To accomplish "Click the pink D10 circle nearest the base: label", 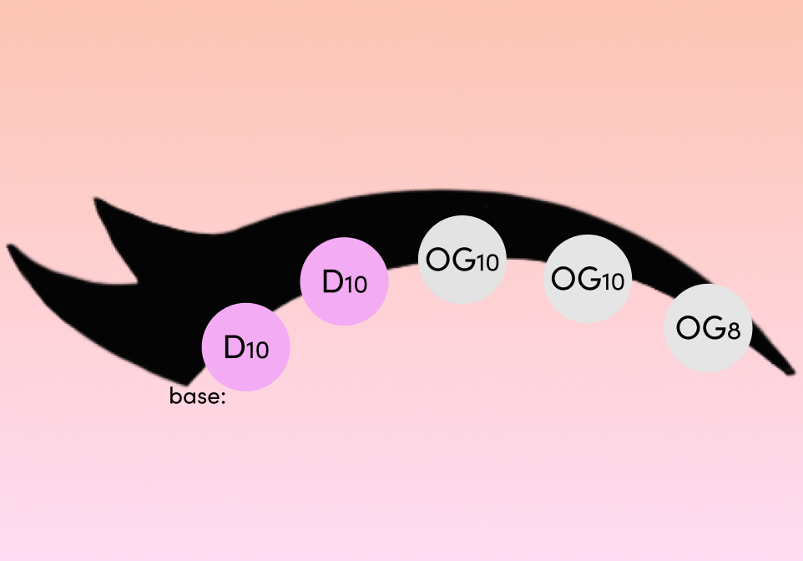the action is [245, 346].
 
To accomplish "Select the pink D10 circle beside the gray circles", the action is [344, 281].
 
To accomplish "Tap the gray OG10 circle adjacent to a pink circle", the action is [462, 260].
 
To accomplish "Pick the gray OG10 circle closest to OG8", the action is [587, 279].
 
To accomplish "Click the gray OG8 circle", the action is [708, 328].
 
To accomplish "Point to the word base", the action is [194, 396].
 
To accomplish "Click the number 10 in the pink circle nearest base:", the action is [256, 351].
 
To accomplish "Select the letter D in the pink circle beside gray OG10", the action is [332, 281].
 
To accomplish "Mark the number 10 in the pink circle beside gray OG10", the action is [356, 285].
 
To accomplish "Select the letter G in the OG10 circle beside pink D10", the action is [463, 260].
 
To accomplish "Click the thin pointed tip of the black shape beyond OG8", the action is [793, 372].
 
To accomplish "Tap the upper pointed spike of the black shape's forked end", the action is [96, 200].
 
